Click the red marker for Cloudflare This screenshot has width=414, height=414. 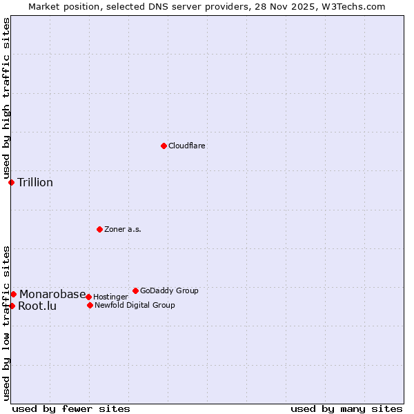coord(164,146)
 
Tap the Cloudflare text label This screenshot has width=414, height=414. coord(187,146)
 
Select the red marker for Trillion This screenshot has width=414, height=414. coord(12,182)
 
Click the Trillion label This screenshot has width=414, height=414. coord(35,183)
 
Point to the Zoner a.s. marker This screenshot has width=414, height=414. coord(99,229)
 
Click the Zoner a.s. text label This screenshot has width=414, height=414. coord(123,230)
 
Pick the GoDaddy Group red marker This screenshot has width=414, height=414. coord(135,290)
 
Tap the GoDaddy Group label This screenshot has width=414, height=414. coord(169,291)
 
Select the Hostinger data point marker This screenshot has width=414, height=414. coord(88,297)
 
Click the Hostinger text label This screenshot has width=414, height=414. coord(110,297)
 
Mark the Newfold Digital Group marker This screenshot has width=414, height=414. coord(90,305)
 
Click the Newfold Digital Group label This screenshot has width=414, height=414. coord(135,306)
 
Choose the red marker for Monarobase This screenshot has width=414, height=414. coord(13,294)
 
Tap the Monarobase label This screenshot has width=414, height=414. coord(52,295)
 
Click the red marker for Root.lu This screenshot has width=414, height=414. coord(12,306)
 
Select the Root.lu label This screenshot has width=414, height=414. coord(37,306)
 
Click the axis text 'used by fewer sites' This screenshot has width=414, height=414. coord(71,409)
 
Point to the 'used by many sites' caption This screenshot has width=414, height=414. coord(346,409)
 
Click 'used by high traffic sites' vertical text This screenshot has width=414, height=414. coord(6,99)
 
